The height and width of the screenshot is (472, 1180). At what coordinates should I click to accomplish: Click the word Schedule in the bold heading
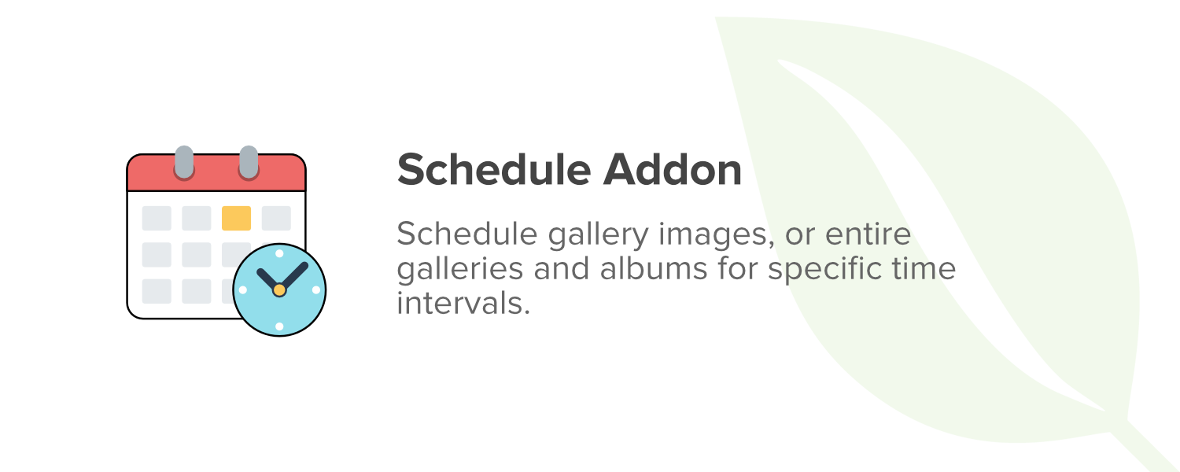click(x=493, y=170)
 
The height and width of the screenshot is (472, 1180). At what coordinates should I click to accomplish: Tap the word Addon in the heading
click(x=673, y=170)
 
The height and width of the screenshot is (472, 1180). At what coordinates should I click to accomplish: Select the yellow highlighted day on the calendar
click(x=236, y=218)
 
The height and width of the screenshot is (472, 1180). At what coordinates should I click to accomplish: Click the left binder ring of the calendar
click(x=184, y=162)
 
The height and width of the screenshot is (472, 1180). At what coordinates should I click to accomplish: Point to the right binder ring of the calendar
click(x=249, y=162)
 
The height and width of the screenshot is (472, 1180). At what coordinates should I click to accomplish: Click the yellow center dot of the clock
click(x=279, y=289)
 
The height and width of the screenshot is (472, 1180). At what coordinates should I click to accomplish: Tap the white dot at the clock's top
click(x=279, y=253)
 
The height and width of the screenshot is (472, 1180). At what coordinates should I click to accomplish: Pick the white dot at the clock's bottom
click(x=279, y=326)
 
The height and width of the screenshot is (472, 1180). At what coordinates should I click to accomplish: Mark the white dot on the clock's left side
click(x=243, y=289)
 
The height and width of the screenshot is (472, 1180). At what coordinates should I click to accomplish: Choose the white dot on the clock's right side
click(x=316, y=289)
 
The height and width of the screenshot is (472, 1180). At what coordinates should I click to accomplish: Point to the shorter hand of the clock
click(x=268, y=279)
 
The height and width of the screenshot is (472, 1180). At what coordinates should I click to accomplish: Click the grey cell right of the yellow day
click(x=276, y=218)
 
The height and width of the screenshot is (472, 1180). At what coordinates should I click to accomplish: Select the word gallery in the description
click(x=598, y=235)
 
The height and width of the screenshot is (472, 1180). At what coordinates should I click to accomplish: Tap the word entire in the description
click(x=868, y=234)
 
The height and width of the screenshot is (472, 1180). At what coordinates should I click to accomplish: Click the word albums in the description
click(x=653, y=268)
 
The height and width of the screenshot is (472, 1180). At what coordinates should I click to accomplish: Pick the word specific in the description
click(x=824, y=271)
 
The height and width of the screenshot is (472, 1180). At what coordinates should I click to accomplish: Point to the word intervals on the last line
click(x=463, y=304)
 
